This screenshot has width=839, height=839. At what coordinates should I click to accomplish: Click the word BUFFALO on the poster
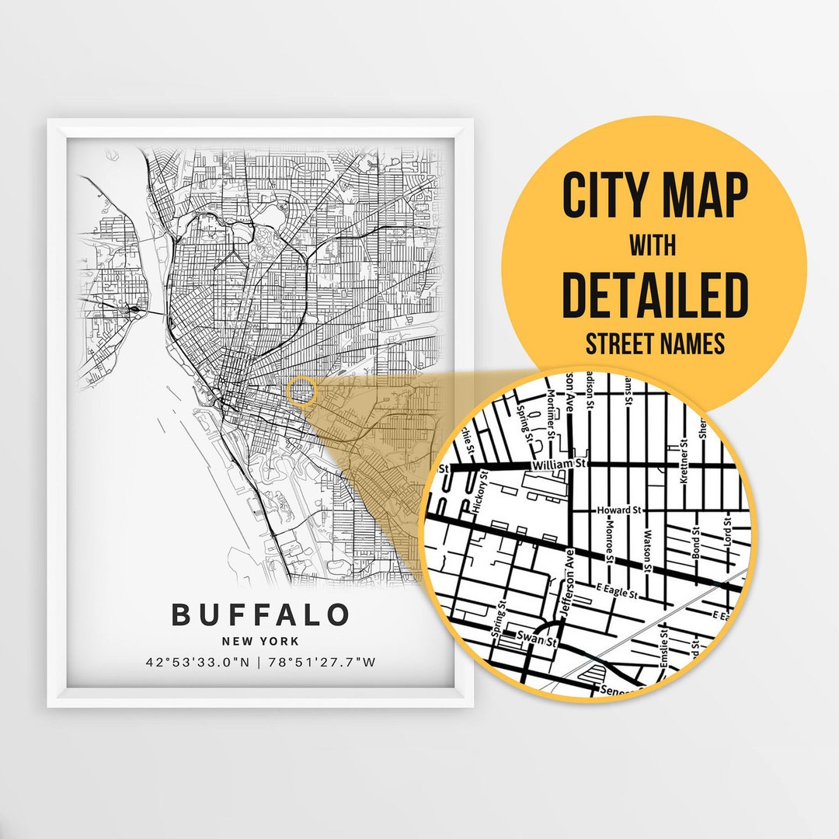pos(260,614)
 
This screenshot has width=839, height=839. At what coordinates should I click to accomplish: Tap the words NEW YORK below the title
pos(260,642)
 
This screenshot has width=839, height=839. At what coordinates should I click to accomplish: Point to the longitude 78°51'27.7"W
pos(323,663)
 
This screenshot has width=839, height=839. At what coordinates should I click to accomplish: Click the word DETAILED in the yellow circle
pos(654,296)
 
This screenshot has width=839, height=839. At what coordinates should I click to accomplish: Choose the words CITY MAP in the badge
pos(654,197)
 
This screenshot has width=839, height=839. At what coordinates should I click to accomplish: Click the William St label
pos(556,464)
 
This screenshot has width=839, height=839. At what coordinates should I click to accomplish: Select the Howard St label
pos(618,510)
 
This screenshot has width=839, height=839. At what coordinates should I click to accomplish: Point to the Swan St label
pos(541,642)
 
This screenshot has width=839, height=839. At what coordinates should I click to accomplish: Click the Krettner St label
pos(684,463)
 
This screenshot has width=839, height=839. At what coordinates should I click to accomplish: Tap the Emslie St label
pos(665,659)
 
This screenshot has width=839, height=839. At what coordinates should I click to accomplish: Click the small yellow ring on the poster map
pos(301,392)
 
